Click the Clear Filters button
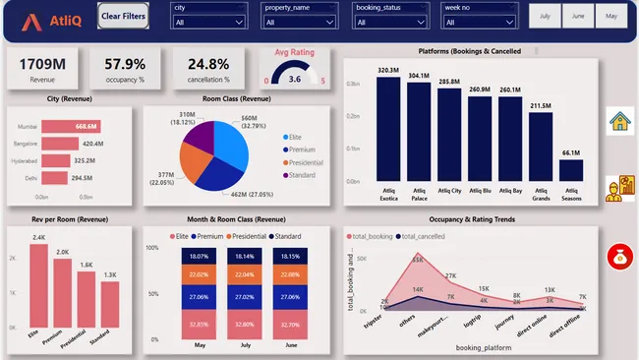pos(124,17)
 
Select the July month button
pos(545,17)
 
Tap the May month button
pos(610,17)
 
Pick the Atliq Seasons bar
pos(571,170)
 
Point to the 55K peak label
pos(417,260)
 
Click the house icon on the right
pos(620,121)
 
